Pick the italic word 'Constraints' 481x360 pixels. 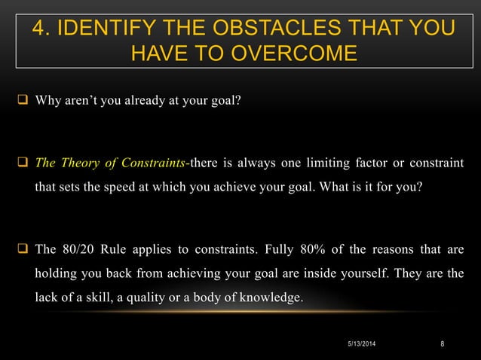[158, 166]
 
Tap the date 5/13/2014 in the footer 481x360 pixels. [363, 346]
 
